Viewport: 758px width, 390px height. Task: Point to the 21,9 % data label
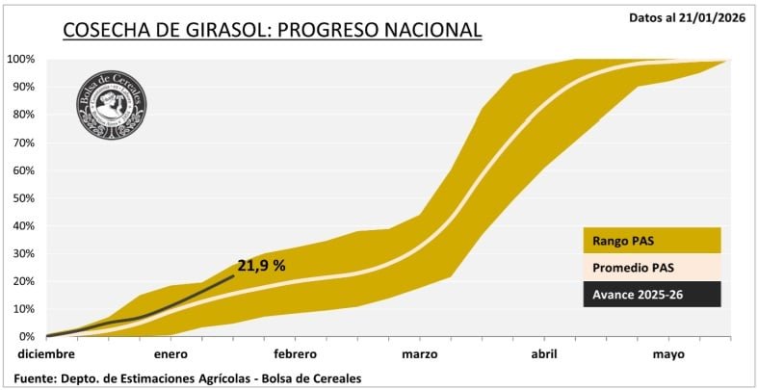pyautogui.click(x=261, y=267)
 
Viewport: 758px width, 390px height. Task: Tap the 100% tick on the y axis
pyautogui.click(x=21, y=59)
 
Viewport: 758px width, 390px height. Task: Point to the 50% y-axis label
pyautogui.click(x=23, y=197)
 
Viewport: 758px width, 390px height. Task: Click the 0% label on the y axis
pyautogui.click(x=27, y=336)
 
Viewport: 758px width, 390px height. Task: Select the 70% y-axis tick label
pyautogui.click(x=23, y=143)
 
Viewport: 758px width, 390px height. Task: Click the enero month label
pyautogui.click(x=170, y=354)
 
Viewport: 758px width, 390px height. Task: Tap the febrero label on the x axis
pyautogui.click(x=295, y=354)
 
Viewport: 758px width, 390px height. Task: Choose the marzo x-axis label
pyautogui.click(x=420, y=354)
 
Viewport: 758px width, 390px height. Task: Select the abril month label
pyautogui.click(x=543, y=354)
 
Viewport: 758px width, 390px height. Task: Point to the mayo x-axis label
pyautogui.click(x=668, y=354)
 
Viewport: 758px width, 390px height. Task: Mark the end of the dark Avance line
pyautogui.click(x=234, y=275)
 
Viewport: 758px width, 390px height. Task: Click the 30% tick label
pyautogui.click(x=23, y=253)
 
